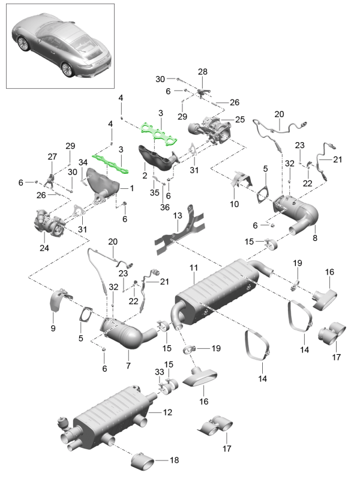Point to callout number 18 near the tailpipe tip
174,460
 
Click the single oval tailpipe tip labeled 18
144,461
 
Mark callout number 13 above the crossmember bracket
178,215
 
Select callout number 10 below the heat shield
234,204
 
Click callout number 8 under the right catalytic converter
314,237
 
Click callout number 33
160,372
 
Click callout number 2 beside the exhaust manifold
145,175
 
